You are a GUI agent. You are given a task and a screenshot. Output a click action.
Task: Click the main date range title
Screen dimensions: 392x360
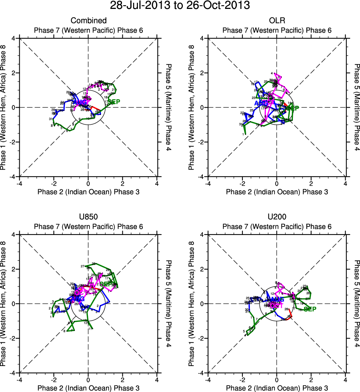(x=180, y=6)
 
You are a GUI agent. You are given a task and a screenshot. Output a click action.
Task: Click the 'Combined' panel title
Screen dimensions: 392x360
(x=89, y=20)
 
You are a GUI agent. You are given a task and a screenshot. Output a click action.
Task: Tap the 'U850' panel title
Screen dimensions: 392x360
(x=89, y=217)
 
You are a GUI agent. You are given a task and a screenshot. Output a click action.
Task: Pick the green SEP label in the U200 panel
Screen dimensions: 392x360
(x=310, y=309)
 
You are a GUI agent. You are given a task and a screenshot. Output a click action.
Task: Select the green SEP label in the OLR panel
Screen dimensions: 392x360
(x=293, y=108)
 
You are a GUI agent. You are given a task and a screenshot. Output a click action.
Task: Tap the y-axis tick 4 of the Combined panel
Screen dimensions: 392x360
(x=13, y=38)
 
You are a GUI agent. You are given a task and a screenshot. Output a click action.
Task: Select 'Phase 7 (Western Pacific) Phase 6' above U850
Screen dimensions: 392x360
(x=89, y=226)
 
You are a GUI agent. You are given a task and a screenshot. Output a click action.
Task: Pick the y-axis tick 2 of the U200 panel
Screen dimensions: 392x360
(x=202, y=269)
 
